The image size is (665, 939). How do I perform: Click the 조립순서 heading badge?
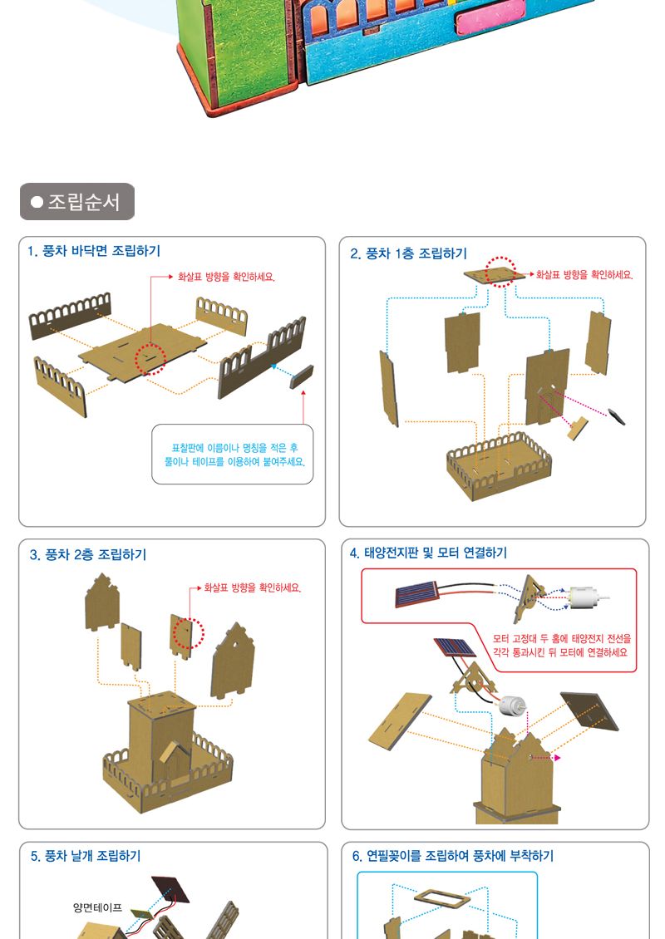point(77,201)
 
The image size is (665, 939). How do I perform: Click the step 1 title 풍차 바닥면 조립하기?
point(94,251)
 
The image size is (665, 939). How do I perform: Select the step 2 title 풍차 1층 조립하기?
point(409,253)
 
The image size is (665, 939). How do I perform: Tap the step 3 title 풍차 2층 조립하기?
point(88,554)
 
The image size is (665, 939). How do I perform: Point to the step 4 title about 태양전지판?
point(428,553)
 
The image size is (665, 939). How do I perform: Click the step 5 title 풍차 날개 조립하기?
point(86,856)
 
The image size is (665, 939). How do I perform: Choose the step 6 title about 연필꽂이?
point(453,856)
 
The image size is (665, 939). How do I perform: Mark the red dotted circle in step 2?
point(500,272)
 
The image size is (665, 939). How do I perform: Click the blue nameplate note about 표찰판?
point(234,455)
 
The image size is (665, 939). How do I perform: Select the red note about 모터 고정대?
point(562,646)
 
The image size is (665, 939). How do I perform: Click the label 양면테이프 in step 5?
point(97,908)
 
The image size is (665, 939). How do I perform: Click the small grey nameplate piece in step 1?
point(302,376)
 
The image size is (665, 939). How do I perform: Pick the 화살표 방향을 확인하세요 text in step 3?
point(252,588)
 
